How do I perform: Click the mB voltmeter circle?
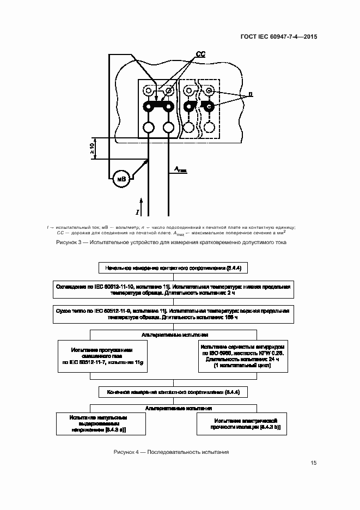[120, 179]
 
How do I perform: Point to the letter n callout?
[250, 95]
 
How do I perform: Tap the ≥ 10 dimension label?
[92, 147]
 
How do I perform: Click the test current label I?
[138, 210]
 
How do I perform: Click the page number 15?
[313, 463]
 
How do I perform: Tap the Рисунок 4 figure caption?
[172, 453]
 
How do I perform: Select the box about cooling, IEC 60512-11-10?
[174, 289]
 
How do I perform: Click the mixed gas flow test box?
[102, 357]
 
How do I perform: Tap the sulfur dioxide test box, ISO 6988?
[242, 357]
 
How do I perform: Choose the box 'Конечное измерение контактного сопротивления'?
[174, 392]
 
